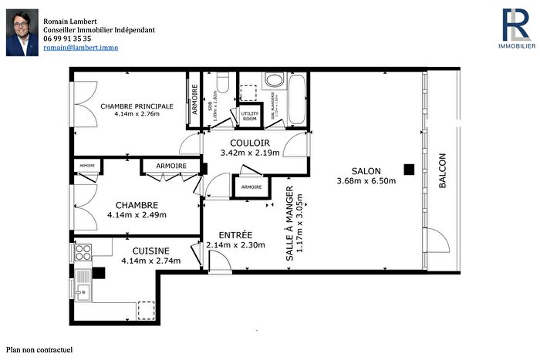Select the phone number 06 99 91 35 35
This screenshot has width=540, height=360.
pos(67,38)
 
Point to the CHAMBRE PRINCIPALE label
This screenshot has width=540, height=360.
pos(136,106)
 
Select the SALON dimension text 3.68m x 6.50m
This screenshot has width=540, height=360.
pos(366,181)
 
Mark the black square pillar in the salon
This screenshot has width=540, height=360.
pos(410,169)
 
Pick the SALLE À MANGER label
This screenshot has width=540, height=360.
pos(290,224)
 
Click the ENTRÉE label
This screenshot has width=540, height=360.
pos(235,234)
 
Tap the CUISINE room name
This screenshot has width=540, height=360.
pos(150,251)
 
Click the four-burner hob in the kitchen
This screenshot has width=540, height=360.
pos(83,251)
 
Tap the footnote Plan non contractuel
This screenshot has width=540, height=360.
pos(39,350)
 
